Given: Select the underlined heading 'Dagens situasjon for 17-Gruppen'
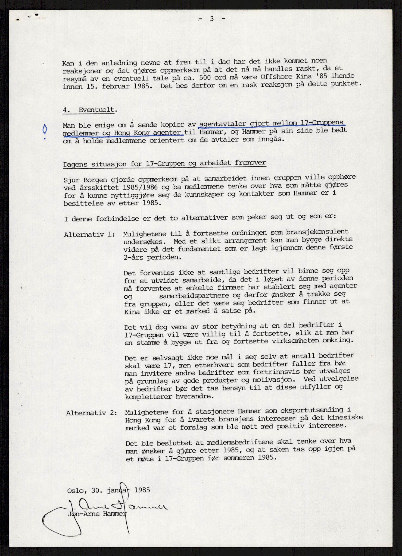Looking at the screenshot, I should [x=164, y=164].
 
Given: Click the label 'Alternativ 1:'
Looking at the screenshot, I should [x=89, y=235].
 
